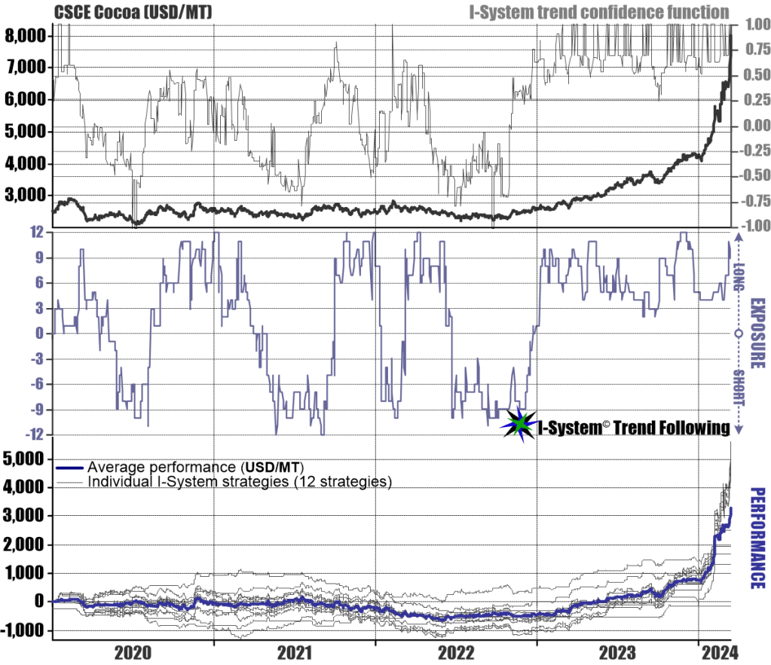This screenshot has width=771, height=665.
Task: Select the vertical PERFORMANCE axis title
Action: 757,538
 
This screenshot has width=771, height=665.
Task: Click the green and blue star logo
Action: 520,427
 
